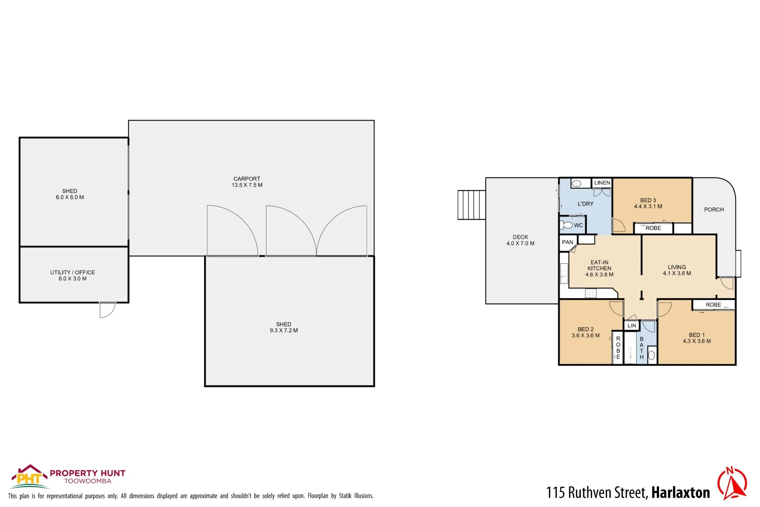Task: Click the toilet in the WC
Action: pyautogui.click(x=567, y=225)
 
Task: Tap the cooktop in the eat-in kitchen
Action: pyautogui.click(x=591, y=293)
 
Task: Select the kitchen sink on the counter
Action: pyautogui.click(x=564, y=273)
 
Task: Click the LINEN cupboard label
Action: pyautogui.click(x=602, y=183)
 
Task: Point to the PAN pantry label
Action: pyautogui.click(x=568, y=242)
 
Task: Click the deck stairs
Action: pyautogui.click(x=471, y=205)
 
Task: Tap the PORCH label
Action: pyautogui.click(x=714, y=209)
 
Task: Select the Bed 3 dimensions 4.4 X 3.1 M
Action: pyautogui.click(x=648, y=206)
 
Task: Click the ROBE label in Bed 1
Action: pyautogui.click(x=713, y=305)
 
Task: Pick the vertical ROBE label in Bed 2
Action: pyautogui.click(x=618, y=348)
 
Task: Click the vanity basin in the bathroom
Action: pyautogui.click(x=652, y=355)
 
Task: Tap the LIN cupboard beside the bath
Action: pyautogui.click(x=632, y=325)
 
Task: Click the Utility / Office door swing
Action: pyautogui.click(x=107, y=310)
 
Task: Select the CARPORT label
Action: pyautogui.click(x=247, y=179)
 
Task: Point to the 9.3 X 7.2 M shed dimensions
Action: pyautogui.click(x=283, y=330)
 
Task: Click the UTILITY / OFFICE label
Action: pyautogui.click(x=73, y=272)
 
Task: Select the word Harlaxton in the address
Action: pyautogui.click(x=680, y=492)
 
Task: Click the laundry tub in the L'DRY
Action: pyautogui.click(x=577, y=184)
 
